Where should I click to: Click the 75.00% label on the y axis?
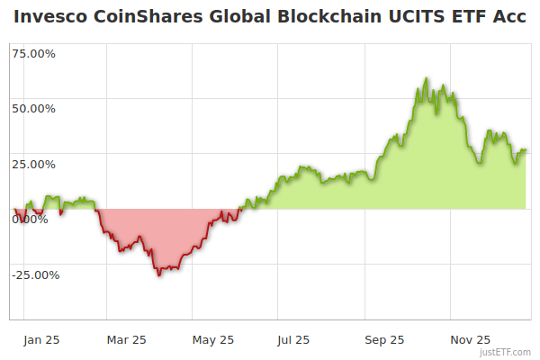coord(32,53)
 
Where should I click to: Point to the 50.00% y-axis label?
coord(32,109)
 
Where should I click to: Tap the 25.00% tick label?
coord(32,165)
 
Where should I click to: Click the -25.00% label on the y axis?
coord(34,275)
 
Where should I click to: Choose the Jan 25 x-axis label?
coord(41,340)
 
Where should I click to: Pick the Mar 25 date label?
coord(126,340)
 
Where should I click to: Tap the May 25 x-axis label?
coord(213,340)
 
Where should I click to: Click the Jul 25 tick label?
coord(294,340)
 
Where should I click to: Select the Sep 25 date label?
coord(383,340)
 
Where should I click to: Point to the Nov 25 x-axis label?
coord(470,340)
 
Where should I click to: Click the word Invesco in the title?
coord(49,17)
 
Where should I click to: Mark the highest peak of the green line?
coord(426,78)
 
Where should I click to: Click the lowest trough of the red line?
coord(158,275)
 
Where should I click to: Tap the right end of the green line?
coord(526,150)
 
